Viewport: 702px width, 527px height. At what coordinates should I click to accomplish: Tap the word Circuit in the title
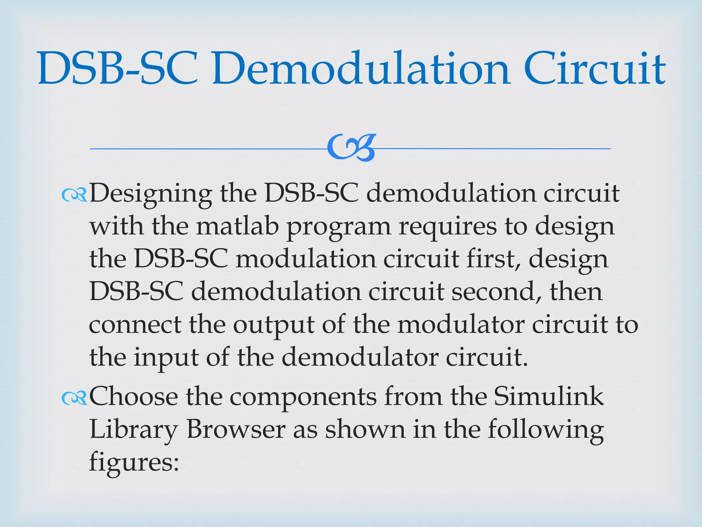click(595, 69)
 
